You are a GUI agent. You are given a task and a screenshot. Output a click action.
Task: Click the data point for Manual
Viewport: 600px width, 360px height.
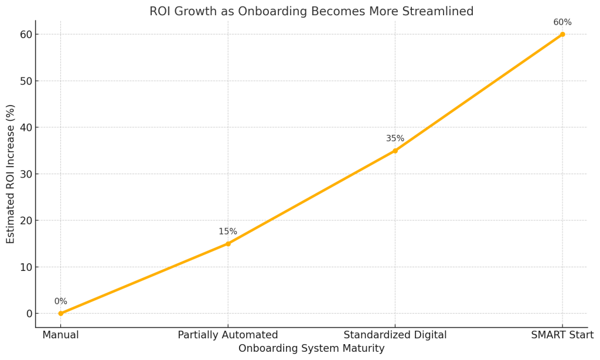[x=60, y=313]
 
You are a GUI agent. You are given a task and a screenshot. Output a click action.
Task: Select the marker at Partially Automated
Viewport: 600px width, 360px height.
[x=228, y=243]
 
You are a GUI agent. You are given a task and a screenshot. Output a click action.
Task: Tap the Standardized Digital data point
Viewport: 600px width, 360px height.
[x=395, y=151]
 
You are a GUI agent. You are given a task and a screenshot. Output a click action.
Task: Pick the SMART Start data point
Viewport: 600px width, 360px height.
[x=562, y=35]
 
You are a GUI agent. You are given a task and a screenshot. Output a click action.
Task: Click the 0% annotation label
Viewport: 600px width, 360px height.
[x=61, y=301]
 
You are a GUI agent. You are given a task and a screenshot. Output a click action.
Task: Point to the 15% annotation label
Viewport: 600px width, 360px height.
[x=228, y=232]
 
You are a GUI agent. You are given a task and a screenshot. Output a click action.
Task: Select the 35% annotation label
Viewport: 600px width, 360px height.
[x=395, y=138]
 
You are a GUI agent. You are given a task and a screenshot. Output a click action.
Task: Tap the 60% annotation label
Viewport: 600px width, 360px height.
[x=562, y=22]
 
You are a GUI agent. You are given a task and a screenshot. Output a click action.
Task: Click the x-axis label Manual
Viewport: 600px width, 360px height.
[x=60, y=335]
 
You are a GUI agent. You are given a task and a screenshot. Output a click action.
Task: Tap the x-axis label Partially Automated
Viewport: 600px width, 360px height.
[x=228, y=335]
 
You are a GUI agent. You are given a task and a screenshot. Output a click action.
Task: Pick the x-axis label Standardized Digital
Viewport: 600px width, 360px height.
[x=395, y=335]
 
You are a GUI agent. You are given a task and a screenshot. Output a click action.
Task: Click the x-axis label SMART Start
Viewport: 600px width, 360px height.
[x=562, y=335]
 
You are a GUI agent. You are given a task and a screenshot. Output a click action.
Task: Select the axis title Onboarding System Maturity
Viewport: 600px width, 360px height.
[x=311, y=349]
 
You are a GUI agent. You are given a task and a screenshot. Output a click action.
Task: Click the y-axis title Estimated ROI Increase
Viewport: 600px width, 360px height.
[x=11, y=174]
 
